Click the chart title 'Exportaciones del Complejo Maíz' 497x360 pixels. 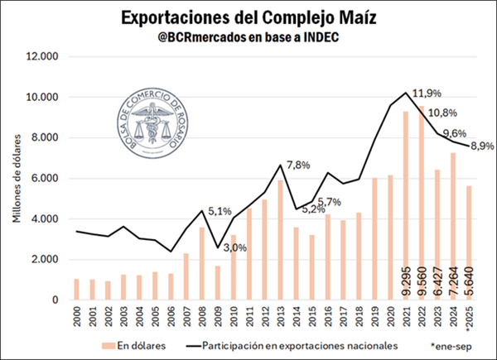coord(248,17)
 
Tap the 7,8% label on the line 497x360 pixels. coord(297,165)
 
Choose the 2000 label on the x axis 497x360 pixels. coord(76,316)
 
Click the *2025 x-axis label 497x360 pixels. coord(468,318)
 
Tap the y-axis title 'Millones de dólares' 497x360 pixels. coord(16,179)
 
